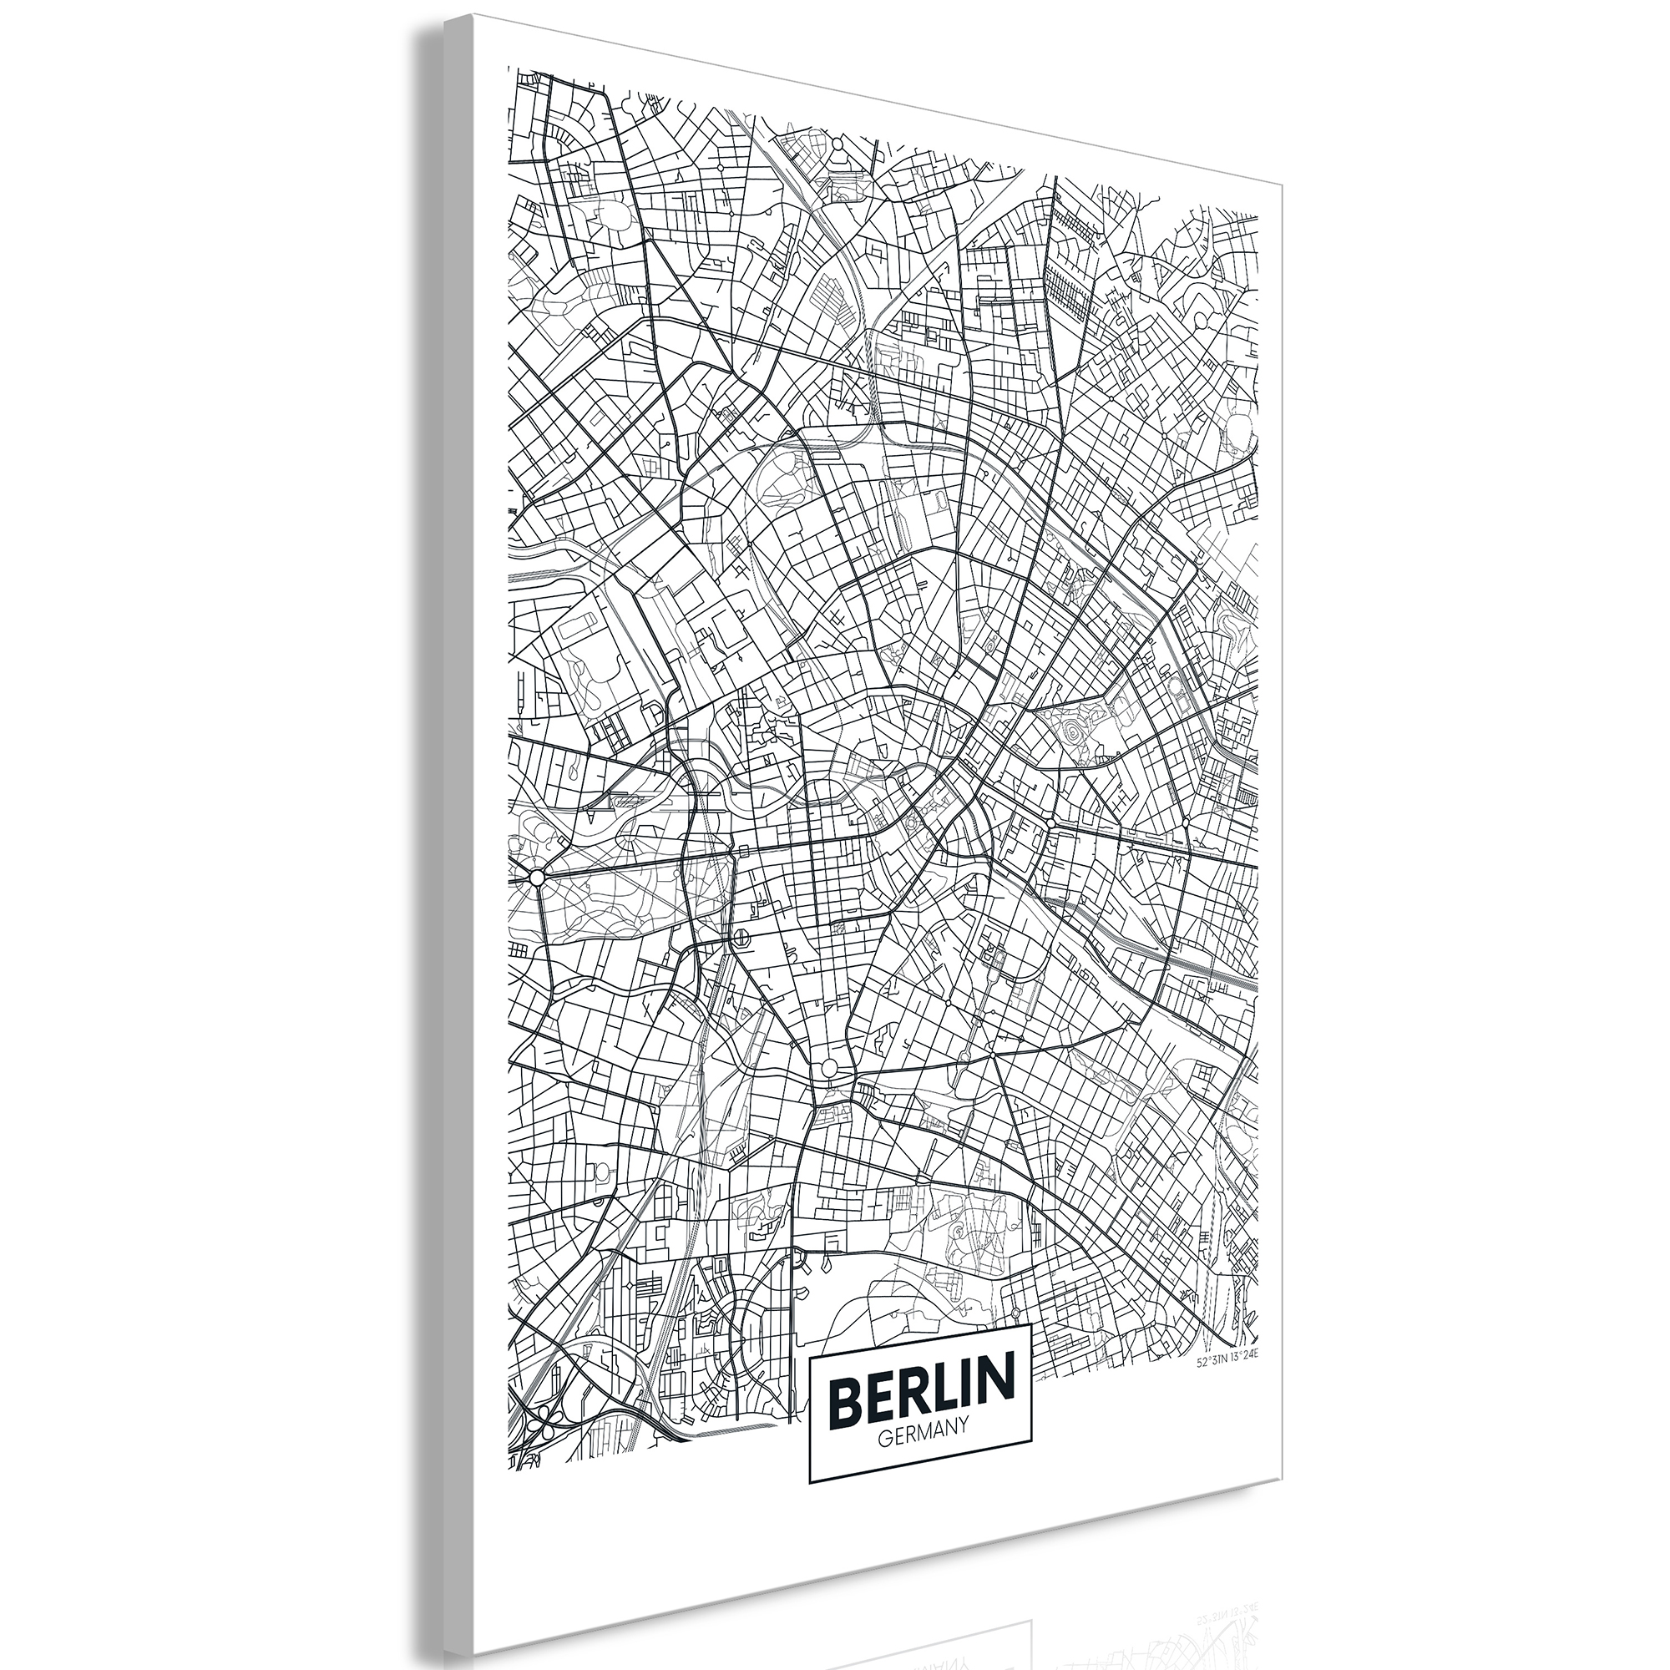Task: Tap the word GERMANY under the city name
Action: pyautogui.click(x=922, y=1441)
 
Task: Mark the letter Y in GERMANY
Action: pyautogui.click(x=962, y=1440)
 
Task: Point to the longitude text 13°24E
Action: pyautogui.click(x=1246, y=1364)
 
